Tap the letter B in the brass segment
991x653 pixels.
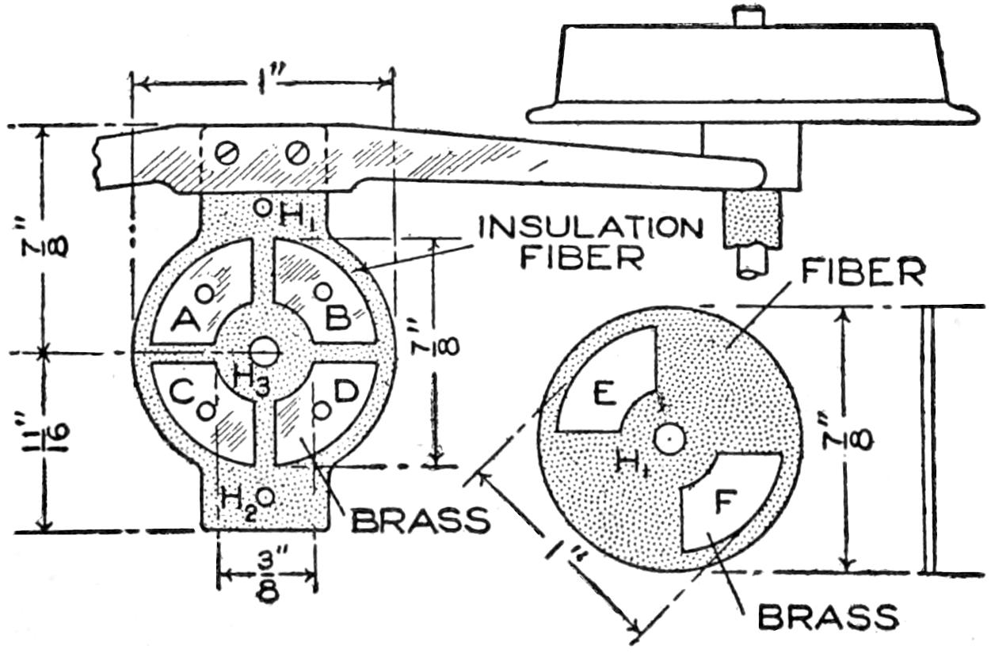point(337,318)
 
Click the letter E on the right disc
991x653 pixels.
point(604,393)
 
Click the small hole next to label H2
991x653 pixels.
point(266,496)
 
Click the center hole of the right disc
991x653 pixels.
point(670,436)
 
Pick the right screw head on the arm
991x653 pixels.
point(296,150)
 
